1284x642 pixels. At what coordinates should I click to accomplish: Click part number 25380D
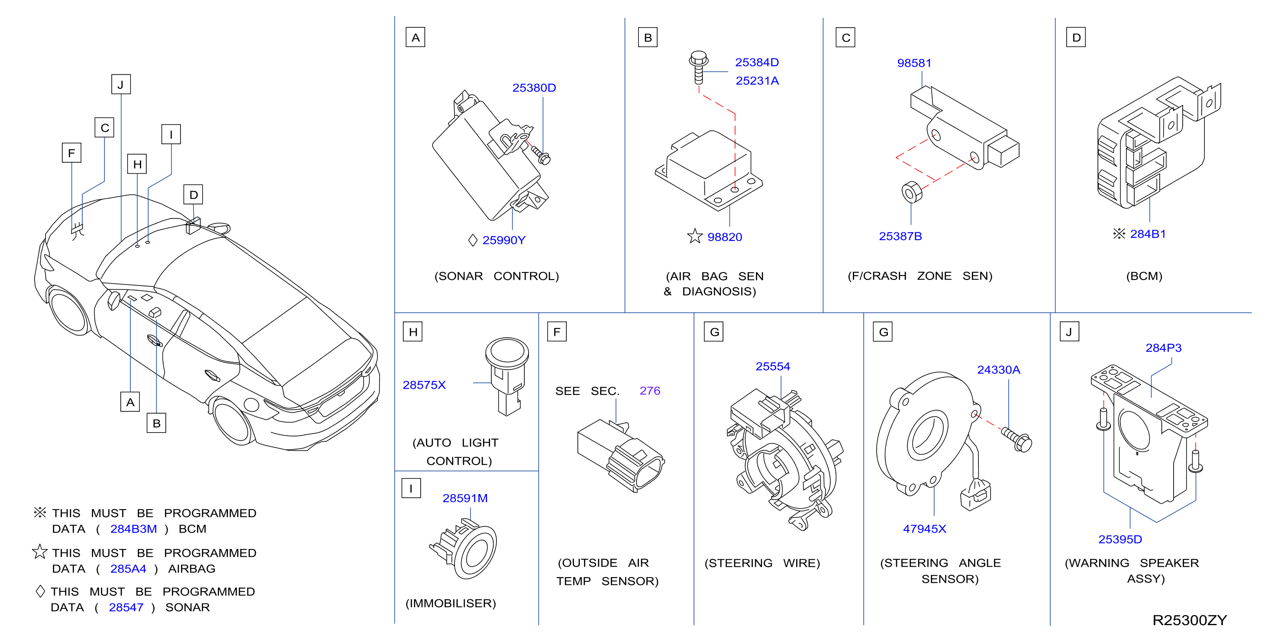534,88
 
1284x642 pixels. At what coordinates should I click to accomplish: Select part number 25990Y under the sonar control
503,240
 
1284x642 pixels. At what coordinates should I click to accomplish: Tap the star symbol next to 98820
694,236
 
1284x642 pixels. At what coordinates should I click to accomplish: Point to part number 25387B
900,236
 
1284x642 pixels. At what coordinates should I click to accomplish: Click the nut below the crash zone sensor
912,192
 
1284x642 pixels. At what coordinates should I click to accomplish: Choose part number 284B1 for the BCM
1148,234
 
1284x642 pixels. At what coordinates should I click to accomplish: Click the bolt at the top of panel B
698,67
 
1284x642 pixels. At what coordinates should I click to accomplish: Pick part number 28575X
424,385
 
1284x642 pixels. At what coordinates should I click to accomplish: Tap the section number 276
649,391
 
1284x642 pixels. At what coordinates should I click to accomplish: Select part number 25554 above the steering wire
773,366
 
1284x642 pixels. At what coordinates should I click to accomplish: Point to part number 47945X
924,529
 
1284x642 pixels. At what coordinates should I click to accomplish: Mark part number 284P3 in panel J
1163,348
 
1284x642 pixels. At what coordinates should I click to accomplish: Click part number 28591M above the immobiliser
465,498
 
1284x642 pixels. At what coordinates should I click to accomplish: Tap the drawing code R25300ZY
1189,620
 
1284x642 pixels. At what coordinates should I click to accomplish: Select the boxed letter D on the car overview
194,195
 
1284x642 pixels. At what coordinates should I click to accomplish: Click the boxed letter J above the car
121,85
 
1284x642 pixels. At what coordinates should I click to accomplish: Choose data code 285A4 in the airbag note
128,569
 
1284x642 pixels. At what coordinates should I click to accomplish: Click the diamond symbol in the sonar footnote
40,591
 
